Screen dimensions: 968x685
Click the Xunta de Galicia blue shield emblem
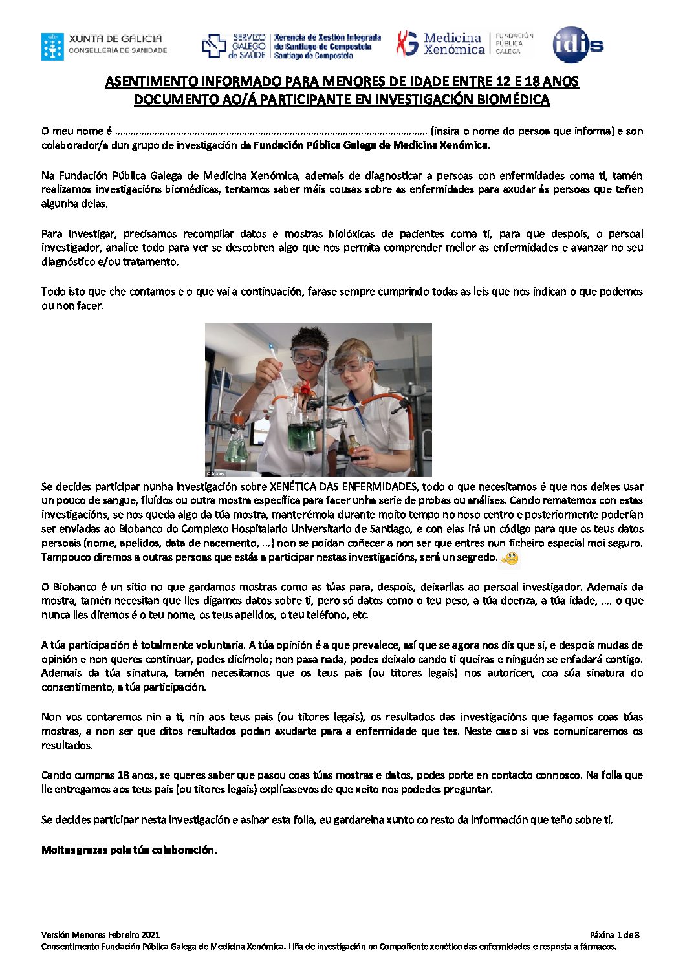pos(52,47)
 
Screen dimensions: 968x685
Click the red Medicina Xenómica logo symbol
pos(408,44)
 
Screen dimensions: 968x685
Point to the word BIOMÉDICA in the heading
pos(513,100)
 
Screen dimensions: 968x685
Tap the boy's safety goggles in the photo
pos(308,355)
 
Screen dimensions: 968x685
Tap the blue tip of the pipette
pos(274,352)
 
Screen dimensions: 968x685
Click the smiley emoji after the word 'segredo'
pos(510,557)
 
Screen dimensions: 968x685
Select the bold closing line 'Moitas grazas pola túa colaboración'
pos(129,850)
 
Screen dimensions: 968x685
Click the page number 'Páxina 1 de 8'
pos(614,934)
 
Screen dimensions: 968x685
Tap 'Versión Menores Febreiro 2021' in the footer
pos(100,934)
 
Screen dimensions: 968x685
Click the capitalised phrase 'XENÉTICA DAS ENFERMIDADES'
pos(342,486)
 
